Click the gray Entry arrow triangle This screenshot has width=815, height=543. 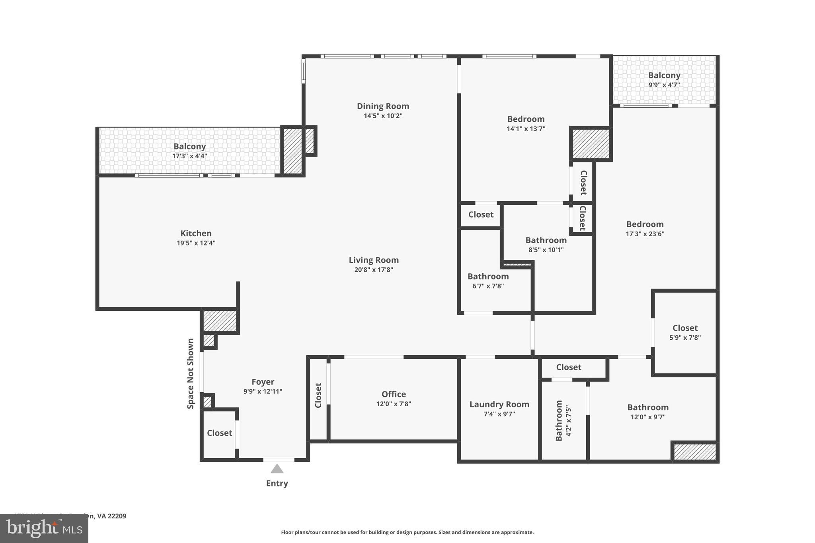click(277, 469)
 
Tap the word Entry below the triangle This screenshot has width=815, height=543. click(277, 483)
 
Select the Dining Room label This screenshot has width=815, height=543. click(383, 106)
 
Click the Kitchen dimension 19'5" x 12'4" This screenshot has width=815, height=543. click(196, 243)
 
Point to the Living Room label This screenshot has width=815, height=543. click(374, 260)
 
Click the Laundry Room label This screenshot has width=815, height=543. click(499, 405)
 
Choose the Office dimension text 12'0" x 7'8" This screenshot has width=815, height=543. click(394, 404)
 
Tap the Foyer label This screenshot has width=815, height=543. click(263, 382)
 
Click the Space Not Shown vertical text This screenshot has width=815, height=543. click(191, 374)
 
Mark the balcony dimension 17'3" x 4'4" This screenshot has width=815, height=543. click(189, 156)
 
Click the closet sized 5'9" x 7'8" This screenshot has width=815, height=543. click(685, 333)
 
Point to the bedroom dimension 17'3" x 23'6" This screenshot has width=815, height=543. click(645, 234)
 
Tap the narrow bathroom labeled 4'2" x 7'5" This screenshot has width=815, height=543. click(563, 420)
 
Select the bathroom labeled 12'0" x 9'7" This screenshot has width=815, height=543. click(648, 412)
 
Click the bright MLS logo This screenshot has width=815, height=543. click(44, 529)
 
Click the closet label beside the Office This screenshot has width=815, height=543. click(318, 395)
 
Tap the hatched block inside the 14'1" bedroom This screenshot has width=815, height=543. click(591, 144)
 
